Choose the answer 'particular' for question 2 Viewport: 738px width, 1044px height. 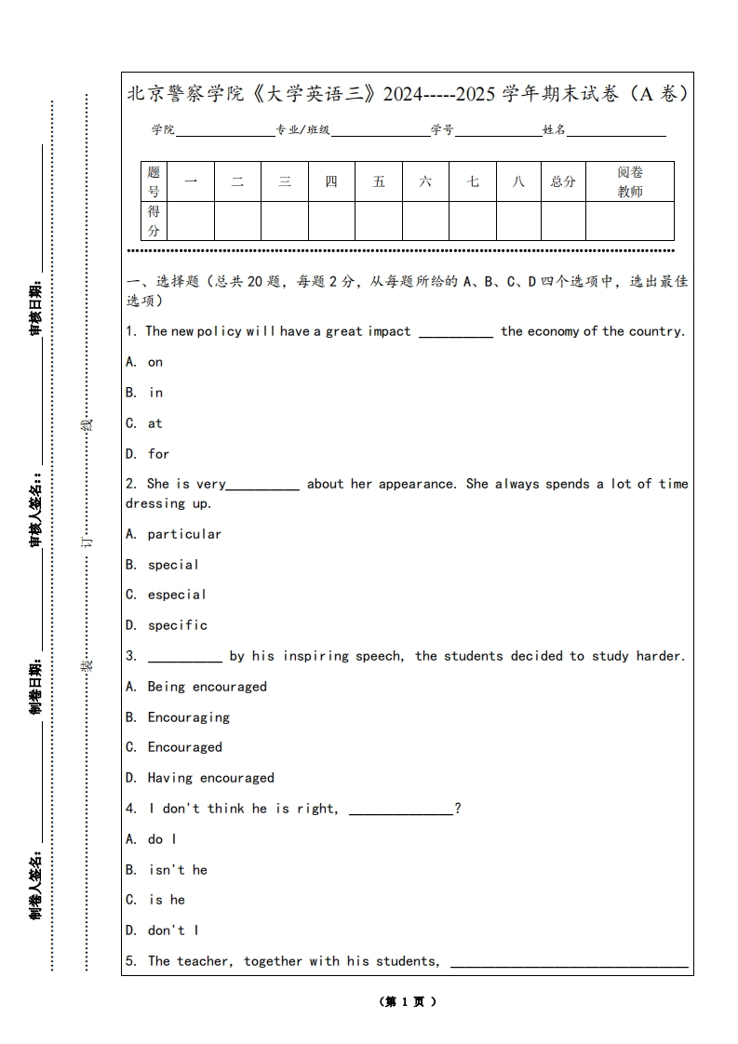tap(184, 534)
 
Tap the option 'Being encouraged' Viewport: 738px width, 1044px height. tap(207, 687)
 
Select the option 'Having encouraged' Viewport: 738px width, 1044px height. tap(210, 778)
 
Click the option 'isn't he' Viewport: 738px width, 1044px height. tap(178, 870)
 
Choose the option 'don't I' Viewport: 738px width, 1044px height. tap(173, 930)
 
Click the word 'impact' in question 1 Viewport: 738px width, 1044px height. tap(389, 331)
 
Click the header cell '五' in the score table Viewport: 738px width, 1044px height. tap(379, 181)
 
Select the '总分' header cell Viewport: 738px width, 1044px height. tap(563, 181)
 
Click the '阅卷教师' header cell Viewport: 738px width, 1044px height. tap(630, 181)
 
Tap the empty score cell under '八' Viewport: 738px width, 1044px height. tap(518, 221)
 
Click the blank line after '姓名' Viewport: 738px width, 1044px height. tap(616, 134)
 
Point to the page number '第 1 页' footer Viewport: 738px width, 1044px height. tap(408, 1002)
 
